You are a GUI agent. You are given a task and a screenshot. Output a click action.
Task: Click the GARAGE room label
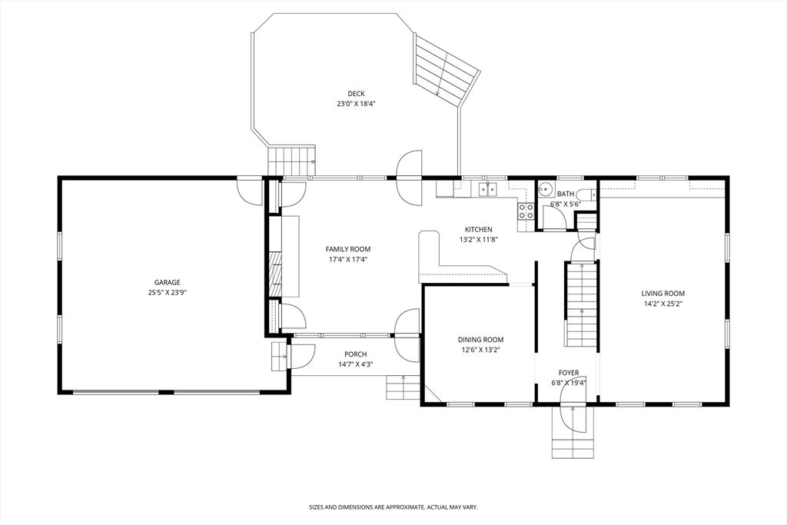[x=167, y=283]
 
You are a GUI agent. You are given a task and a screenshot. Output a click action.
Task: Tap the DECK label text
[x=357, y=93]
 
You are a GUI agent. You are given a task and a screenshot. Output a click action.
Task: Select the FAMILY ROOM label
[x=348, y=249]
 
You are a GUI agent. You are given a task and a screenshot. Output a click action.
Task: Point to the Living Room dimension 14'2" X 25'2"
[x=663, y=304]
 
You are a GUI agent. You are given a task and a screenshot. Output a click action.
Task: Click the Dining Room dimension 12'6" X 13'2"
[x=481, y=350]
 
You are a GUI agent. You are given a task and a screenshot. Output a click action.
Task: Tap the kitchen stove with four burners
[x=526, y=211]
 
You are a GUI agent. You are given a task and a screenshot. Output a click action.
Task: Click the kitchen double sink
[x=486, y=189]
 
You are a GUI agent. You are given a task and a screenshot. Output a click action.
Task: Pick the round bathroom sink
[x=545, y=190]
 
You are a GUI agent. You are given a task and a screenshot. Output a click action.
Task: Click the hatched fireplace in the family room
[x=274, y=274]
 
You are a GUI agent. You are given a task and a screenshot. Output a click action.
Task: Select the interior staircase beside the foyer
[x=581, y=304]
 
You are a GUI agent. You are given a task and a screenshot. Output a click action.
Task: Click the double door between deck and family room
[x=409, y=177]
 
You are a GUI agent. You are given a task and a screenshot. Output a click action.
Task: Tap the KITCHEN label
[x=478, y=229]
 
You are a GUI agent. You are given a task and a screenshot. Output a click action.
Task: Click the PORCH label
[x=355, y=354]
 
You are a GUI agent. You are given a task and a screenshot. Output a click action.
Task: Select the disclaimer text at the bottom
[x=393, y=507]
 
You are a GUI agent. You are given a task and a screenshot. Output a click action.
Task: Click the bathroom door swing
[x=555, y=217]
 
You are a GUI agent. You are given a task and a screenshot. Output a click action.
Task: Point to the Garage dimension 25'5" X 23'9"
[x=167, y=293]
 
